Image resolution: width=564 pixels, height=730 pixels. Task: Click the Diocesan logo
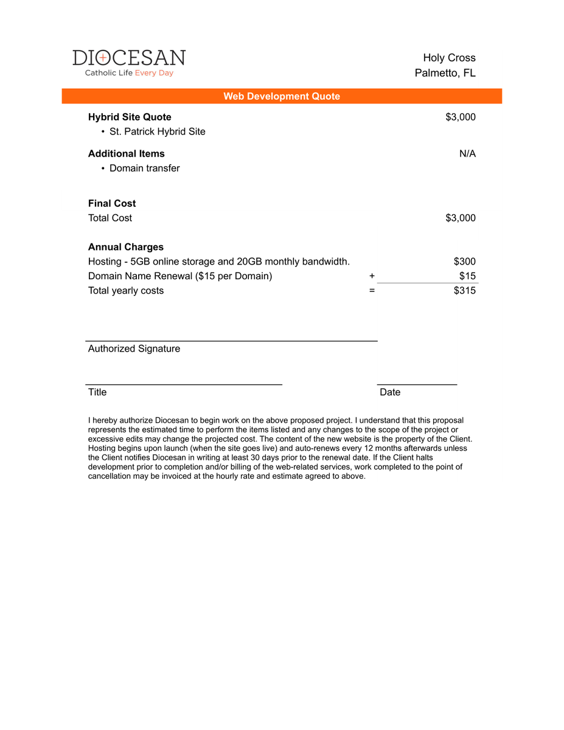(129, 63)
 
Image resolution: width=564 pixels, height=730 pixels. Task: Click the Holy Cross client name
(449, 58)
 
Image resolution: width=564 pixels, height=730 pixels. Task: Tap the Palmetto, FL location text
(445, 73)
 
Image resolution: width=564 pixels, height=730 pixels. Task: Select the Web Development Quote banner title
(282, 96)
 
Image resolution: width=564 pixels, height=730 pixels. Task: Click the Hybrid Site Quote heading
(130, 117)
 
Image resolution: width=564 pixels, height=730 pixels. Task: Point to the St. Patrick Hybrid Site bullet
(157, 131)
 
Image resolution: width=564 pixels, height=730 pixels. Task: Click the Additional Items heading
(126, 153)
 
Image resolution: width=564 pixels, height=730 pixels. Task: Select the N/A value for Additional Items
(467, 153)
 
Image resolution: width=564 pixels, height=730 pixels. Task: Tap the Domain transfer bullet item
(144, 168)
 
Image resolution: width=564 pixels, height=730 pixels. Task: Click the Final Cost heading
(112, 203)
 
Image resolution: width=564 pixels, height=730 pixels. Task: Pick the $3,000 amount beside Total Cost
(461, 218)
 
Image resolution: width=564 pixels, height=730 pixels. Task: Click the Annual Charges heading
(125, 247)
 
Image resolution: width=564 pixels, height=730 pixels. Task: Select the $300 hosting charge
(465, 262)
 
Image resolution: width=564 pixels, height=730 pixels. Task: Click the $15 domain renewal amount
(467, 276)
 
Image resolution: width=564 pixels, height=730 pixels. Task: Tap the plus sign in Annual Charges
(372, 276)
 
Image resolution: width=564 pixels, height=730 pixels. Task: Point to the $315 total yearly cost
(465, 291)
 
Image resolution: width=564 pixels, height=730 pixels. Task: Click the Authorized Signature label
(134, 349)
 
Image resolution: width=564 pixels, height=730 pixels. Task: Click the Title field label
(97, 392)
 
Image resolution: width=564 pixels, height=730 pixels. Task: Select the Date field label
(390, 392)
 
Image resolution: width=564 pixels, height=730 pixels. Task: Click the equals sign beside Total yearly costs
(372, 291)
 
